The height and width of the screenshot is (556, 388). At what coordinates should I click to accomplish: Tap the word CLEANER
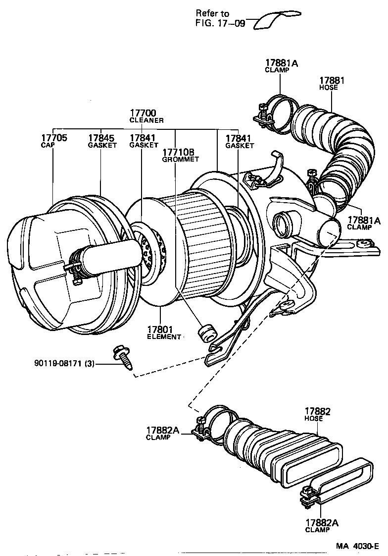click(x=146, y=120)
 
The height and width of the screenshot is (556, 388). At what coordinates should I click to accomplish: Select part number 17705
click(x=53, y=138)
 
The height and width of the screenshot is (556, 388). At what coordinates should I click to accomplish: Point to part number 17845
click(x=101, y=138)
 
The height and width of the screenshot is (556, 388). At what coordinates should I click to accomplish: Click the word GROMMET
click(x=180, y=160)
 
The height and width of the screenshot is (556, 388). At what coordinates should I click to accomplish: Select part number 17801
click(x=159, y=329)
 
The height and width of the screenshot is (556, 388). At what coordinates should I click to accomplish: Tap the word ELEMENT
click(x=164, y=336)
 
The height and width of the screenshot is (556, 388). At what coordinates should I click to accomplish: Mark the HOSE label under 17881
click(x=328, y=87)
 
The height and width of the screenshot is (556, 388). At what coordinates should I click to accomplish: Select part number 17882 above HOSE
click(x=317, y=411)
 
